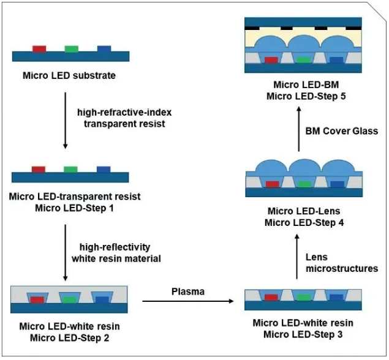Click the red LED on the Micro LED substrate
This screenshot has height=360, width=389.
click(x=39, y=48)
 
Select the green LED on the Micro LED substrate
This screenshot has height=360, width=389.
click(x=72, y=48)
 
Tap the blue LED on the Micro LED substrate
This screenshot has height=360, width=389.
click(x=104, y=48)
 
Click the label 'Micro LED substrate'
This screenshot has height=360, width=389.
click(x=69, y=76)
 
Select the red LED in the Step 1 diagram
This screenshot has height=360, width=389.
click(x=39, y=169)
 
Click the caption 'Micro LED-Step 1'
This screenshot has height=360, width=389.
click(x=75, y=208)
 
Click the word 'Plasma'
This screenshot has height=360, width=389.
click(x=187, y=291)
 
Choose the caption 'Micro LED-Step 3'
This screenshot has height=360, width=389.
click(x=303, y=334)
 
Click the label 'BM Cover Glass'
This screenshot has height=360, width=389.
click(x=341, y=130)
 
